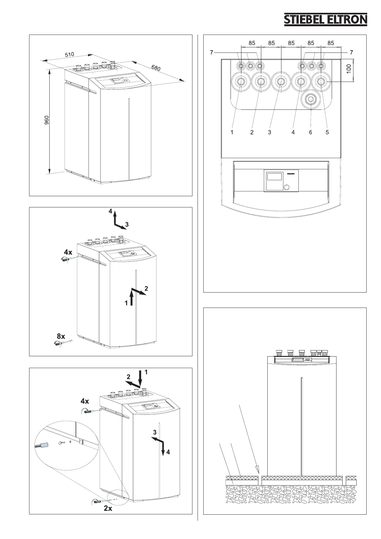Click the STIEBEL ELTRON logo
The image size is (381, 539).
326,20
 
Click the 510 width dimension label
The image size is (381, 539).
69,55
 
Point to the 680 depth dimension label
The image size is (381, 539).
156,67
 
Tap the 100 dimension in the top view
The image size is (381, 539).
349,69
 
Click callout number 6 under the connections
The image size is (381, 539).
311,132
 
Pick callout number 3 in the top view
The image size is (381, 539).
269,132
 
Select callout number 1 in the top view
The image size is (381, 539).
232,132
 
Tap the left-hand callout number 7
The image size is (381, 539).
212,52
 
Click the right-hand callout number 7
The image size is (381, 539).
352,52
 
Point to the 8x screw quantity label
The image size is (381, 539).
61,336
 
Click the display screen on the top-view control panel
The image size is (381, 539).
274,177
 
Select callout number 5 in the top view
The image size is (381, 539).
327,132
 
